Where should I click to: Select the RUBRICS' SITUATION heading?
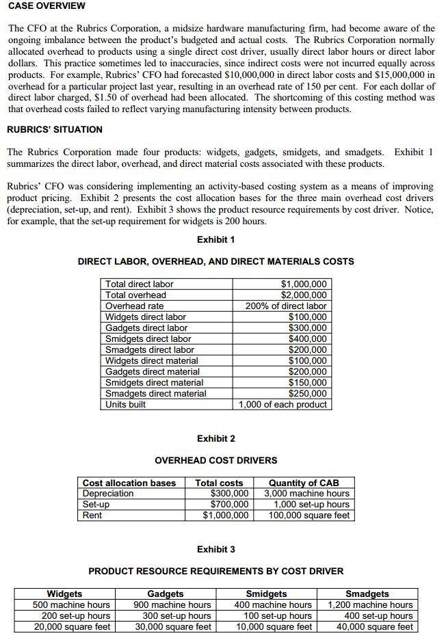pos(55,129)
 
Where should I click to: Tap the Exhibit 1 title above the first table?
pos(216,239)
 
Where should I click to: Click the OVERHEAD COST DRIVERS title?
pos(216,460)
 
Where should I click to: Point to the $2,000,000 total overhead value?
pos(304,295)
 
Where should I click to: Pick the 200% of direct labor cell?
pos(286,306)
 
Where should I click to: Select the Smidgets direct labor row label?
pos(148,338)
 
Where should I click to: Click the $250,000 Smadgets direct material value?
pos(308,393)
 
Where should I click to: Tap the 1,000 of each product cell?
pos(283,404)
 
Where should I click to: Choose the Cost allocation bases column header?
pos(129,483)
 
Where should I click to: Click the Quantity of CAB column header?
pos(304,483)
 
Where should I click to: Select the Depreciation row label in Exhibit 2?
pos(108,494)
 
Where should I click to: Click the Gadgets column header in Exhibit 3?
pos(166,594)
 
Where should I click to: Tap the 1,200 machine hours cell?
pos(370,604)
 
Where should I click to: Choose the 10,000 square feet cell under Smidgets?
pos(274,626)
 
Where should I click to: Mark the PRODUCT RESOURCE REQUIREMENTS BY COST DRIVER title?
pos(216,571)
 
